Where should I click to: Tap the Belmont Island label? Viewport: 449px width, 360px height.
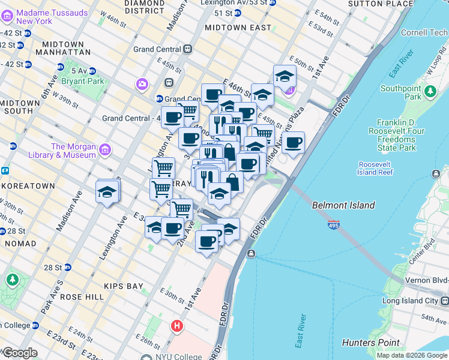[x=343, y=205]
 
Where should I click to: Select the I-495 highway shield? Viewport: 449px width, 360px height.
[x=333, y=225]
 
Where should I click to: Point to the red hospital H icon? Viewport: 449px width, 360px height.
[x=177, y=326]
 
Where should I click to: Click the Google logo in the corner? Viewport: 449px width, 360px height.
[x=19, y=353]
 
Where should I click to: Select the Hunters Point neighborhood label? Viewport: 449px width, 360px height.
[x=370, y=343]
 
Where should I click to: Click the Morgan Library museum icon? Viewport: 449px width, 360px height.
[x=104, y=149]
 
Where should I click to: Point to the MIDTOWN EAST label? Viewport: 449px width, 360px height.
[x=233, y=28]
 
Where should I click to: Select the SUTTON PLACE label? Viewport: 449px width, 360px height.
[x=381, y=4]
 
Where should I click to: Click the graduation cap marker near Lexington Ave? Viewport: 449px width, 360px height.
[x=107, y=192]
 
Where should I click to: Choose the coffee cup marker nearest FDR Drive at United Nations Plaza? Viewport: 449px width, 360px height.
[x=293, y=143]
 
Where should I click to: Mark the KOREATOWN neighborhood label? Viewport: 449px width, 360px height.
[x=28, y=186]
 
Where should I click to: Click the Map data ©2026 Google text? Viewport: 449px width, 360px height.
[x=411, y=355]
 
